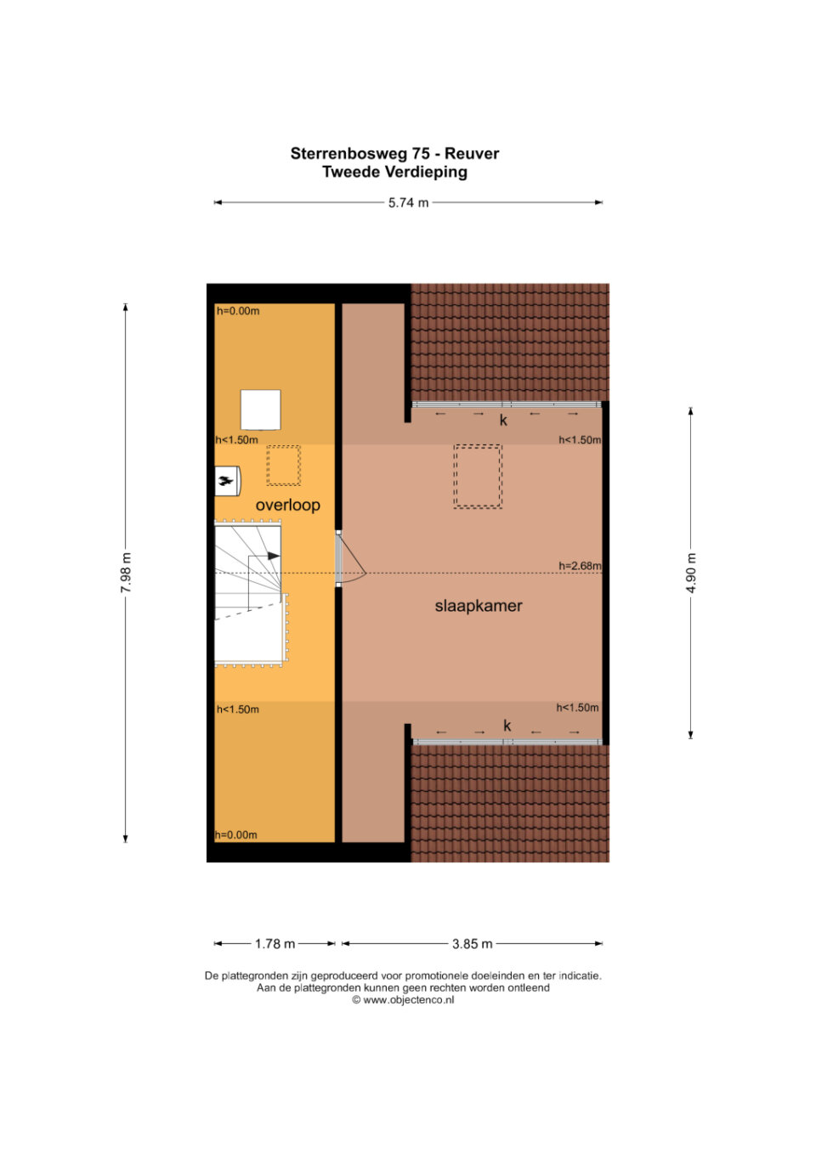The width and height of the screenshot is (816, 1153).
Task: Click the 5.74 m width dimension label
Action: point(408,203)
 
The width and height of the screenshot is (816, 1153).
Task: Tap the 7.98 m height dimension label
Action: point(126,573)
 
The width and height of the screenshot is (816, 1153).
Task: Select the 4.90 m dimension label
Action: point(691,573)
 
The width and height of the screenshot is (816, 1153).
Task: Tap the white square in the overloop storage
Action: point(260,410)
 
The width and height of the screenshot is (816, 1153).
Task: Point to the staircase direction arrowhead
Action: point(274,556)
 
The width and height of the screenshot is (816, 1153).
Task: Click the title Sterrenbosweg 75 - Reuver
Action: point(395,154)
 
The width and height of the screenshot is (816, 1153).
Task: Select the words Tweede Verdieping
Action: point(395,172)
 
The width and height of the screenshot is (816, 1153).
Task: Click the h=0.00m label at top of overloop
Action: point(238,311)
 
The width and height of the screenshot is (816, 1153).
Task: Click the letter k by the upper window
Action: point(503,421)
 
